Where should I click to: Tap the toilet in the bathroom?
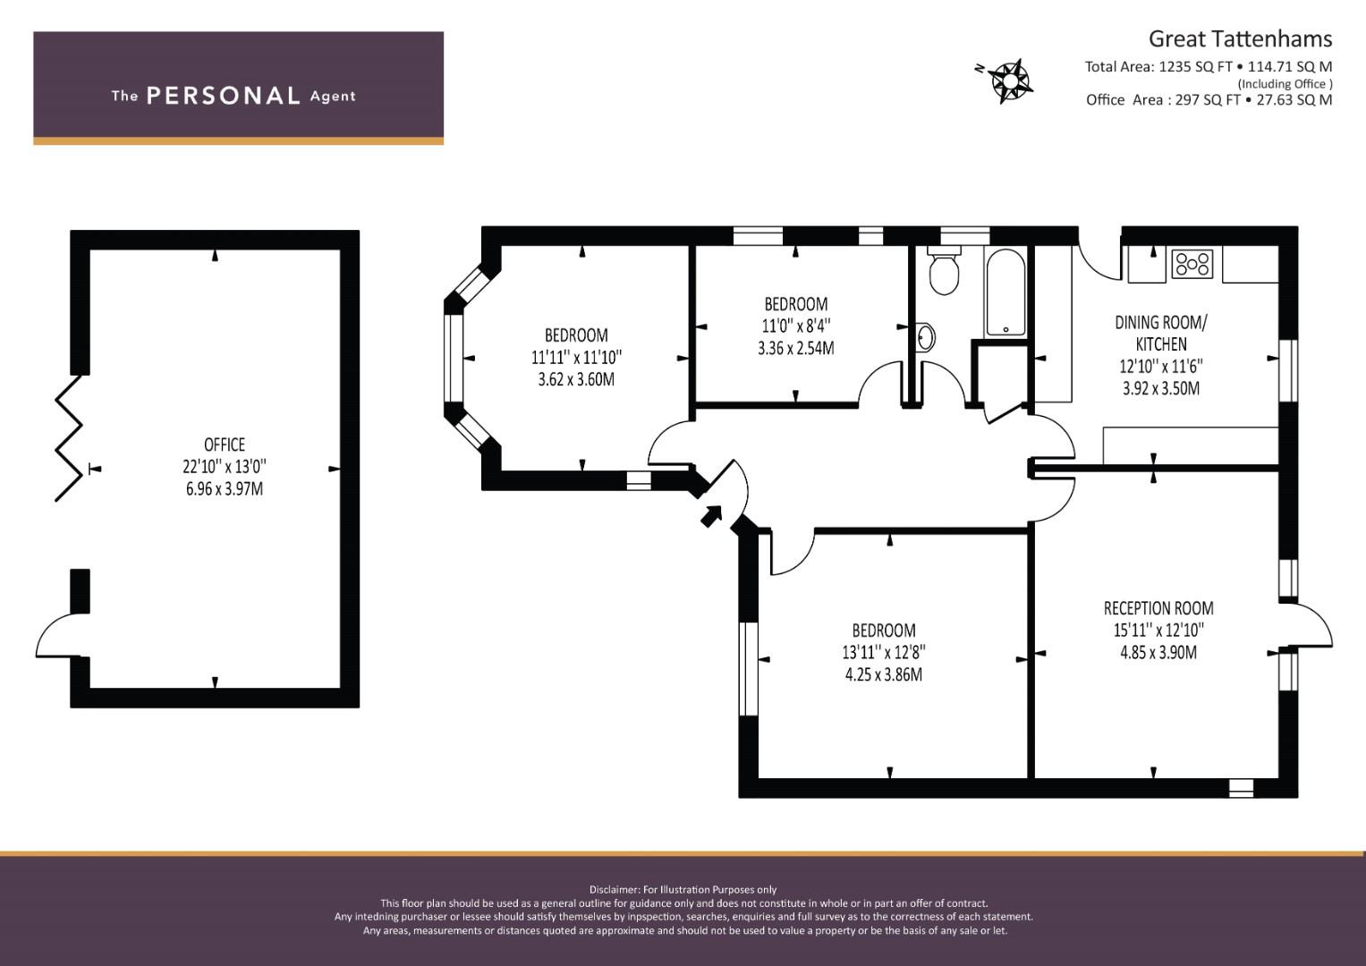point(944,271)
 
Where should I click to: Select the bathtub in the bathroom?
point(1006,291)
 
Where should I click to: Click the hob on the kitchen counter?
point(1192,264)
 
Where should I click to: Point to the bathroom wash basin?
point(925,338)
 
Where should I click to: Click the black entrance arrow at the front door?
point(711,515)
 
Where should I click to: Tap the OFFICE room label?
point(224,445)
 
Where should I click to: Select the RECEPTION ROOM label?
point(1158,608)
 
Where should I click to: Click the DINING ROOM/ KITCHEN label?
point(1161,333)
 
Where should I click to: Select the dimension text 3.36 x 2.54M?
point(795,348)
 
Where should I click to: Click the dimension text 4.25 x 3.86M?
point(883,674)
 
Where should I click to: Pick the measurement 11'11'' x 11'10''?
point(576,357)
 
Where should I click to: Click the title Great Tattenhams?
point(1240,38)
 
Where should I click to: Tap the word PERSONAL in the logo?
point(223,96)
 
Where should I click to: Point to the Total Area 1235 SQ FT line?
point(1208,66)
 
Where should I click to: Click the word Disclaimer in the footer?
point(615,889)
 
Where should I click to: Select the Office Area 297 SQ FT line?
point(1208,99)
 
